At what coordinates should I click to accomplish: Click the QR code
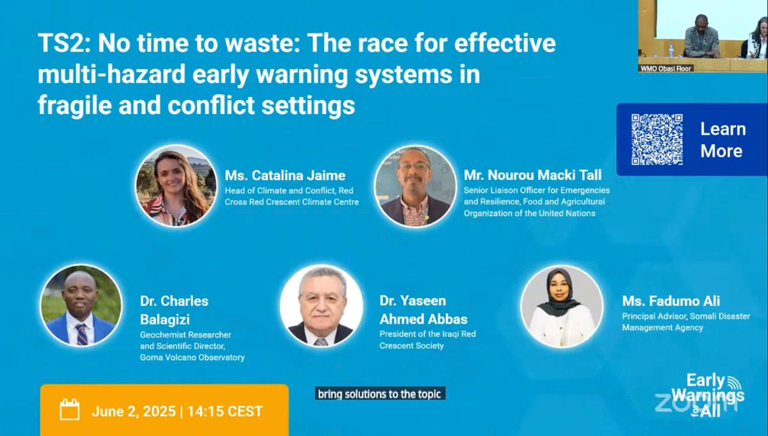click(x=657, y=139)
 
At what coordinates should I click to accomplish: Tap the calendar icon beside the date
click(x=70, y=410)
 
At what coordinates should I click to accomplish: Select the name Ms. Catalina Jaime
click(x=285, y=175)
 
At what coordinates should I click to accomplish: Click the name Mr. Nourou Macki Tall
click(x=532, y=175)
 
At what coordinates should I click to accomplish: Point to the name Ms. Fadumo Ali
click(x=671, y=301)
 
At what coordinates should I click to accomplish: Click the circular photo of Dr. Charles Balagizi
click(x=81, y=305)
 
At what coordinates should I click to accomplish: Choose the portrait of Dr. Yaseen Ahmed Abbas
click(x=321, y=306)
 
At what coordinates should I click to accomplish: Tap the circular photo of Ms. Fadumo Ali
click(x=562, y=306)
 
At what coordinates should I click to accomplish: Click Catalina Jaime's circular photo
click(x=176, y=186)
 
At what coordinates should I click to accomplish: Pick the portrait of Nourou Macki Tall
click(x=415, y=186)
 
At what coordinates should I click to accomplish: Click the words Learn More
click(x=723, y=140)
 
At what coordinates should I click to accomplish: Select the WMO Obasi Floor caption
click(x=665, y=68)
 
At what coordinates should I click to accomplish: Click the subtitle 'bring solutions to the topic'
click(x=380, y=394)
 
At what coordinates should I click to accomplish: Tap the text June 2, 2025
click(x=133, y=411)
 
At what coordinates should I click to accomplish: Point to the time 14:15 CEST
click(x=225, y=411)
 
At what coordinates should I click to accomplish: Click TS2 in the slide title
click(x=64, y=43)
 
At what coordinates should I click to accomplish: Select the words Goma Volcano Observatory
click(x=192, y=357)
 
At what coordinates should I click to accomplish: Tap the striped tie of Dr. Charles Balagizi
click(x=82, y=334)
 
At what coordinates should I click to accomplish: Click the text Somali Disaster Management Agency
click(x=686, y=322)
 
